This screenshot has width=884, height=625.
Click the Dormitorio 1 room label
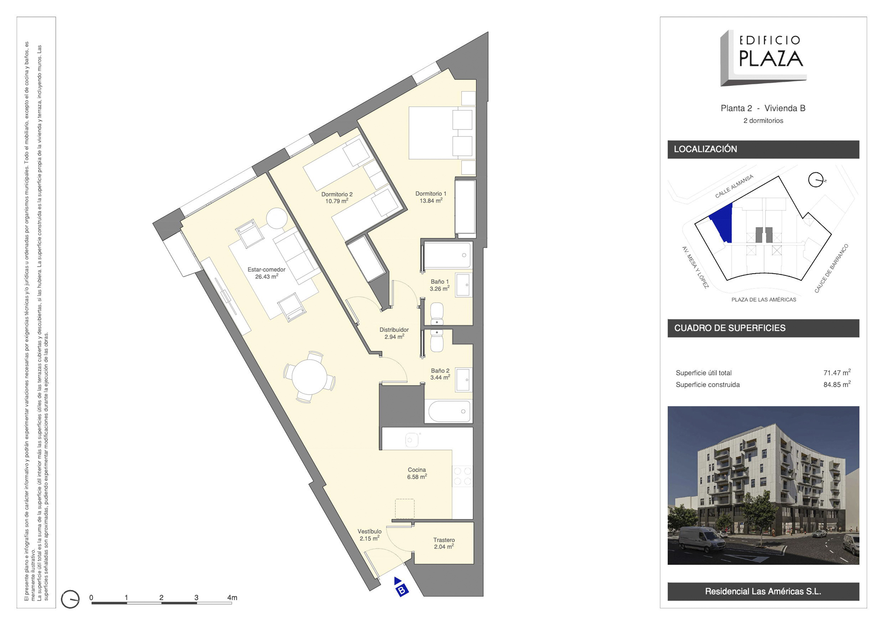tap(430, 194)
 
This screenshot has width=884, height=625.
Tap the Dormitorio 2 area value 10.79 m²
tap(337, 201)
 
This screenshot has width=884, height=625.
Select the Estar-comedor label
tap(267, 270)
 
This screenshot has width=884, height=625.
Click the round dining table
tap(309, 377)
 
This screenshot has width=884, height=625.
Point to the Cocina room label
tap(417, 470)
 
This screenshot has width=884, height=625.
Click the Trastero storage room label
tap(444, 540)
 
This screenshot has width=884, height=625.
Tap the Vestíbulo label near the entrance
tap(370, 532)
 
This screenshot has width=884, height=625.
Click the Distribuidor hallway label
tap(394, 330)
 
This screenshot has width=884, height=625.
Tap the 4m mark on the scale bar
tap(232, 598)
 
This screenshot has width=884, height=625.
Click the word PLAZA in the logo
tap(771, 58)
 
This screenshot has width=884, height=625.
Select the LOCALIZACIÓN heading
tap(705, 149)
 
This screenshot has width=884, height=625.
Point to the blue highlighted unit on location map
tap(722, 222)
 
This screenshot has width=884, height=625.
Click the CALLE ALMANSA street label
tap(734, 186)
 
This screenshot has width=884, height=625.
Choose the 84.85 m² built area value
tap(837, 384)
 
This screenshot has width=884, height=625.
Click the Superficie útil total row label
tap(704, 373)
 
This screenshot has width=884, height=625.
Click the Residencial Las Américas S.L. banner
tap(763, 591)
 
